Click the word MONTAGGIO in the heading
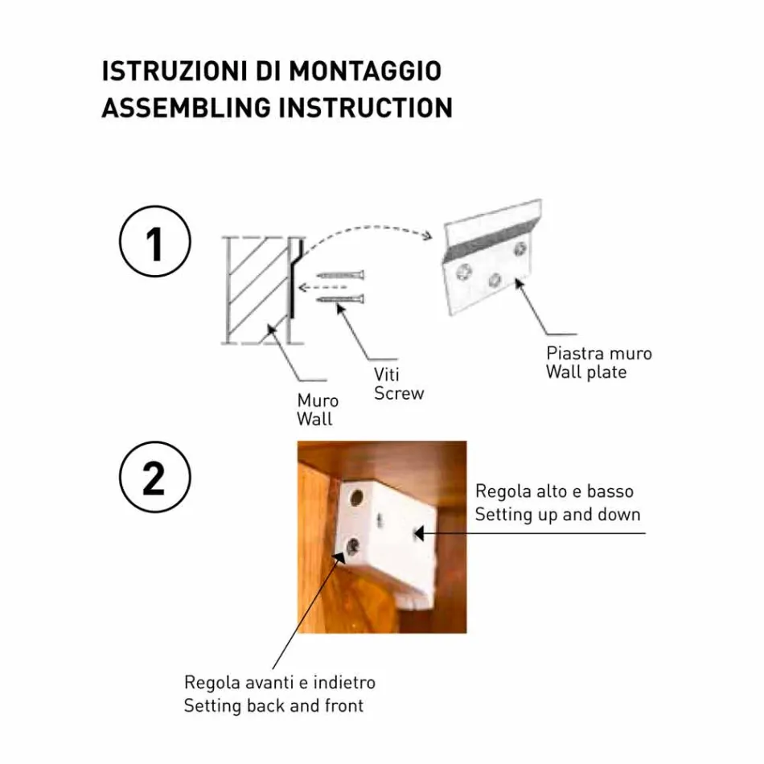click(365, 71)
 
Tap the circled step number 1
click(155, 243)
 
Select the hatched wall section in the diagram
click(257, 290)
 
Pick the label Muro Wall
click(317, 409)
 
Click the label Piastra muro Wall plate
click(598, 362)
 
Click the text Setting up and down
click(557, 515)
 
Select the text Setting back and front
click(273, 706)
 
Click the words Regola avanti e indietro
click(279, 683)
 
